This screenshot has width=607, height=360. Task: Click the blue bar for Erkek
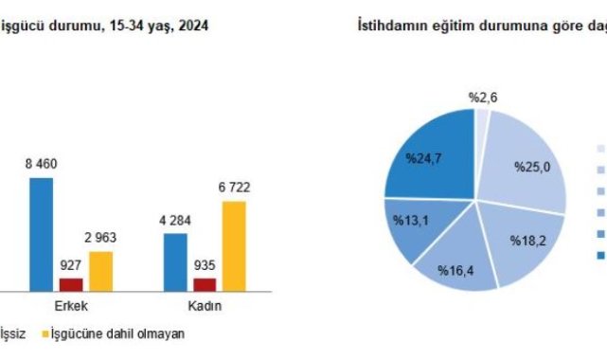42,235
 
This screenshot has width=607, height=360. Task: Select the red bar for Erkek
71,285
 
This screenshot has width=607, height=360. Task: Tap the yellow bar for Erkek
101,271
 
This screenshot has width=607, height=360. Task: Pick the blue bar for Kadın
175,262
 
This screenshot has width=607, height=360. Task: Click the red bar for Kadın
205,285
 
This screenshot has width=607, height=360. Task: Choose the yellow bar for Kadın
234,246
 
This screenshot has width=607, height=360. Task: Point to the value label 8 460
41,164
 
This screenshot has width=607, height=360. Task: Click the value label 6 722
234,188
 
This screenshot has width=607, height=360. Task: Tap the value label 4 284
175,221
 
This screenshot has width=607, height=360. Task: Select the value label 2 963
100,238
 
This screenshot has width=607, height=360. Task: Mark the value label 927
70,265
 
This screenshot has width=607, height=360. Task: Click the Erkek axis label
71,306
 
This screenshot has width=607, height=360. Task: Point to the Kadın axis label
205,306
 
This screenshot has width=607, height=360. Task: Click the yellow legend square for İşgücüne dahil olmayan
45,333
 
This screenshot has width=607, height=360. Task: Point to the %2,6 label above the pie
483,98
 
